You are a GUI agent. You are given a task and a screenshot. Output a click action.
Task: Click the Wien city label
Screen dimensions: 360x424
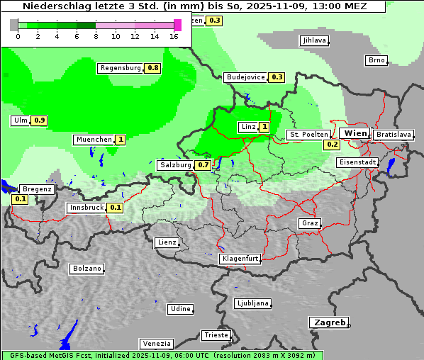pos(355,133)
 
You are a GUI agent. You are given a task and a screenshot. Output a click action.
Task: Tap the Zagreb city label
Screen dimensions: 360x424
pos(328,322)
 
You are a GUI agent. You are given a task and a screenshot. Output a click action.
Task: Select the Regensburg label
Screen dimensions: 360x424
pos(121,68)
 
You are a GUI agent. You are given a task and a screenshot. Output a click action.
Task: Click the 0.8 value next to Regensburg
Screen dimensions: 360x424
pos(153,68)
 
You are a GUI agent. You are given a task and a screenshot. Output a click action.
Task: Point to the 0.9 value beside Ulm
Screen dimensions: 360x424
pos(40,120)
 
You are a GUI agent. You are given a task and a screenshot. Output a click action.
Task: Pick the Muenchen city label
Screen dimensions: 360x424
pos(94,140)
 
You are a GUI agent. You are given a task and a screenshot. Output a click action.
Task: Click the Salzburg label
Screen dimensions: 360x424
pos(175,165)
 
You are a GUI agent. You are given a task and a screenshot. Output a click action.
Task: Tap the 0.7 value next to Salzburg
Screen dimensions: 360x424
pos(203,165)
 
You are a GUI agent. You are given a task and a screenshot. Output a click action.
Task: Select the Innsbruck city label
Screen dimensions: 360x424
pos(86,208)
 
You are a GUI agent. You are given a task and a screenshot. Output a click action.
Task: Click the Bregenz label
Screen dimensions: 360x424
pos(37,189)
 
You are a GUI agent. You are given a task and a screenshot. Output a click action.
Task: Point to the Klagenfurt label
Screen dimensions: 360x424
pos(240,259)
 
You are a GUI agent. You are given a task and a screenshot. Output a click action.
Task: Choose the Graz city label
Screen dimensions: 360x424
pos(309,223)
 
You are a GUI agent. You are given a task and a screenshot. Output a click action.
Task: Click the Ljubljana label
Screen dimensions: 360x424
pos(252,303)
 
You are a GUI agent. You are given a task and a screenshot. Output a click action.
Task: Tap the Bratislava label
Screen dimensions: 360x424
pos(394,134)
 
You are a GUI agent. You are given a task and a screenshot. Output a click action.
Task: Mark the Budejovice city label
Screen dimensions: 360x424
pos(245,77)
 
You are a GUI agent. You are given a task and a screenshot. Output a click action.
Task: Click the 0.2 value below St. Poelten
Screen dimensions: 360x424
pos(332,145)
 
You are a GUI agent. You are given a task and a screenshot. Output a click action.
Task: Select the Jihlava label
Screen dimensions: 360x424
pos(313,40)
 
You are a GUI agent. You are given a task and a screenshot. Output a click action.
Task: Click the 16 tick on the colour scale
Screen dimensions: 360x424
pos(174,37)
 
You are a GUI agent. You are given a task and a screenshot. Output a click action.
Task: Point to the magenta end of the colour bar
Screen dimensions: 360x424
pos(178,25)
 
